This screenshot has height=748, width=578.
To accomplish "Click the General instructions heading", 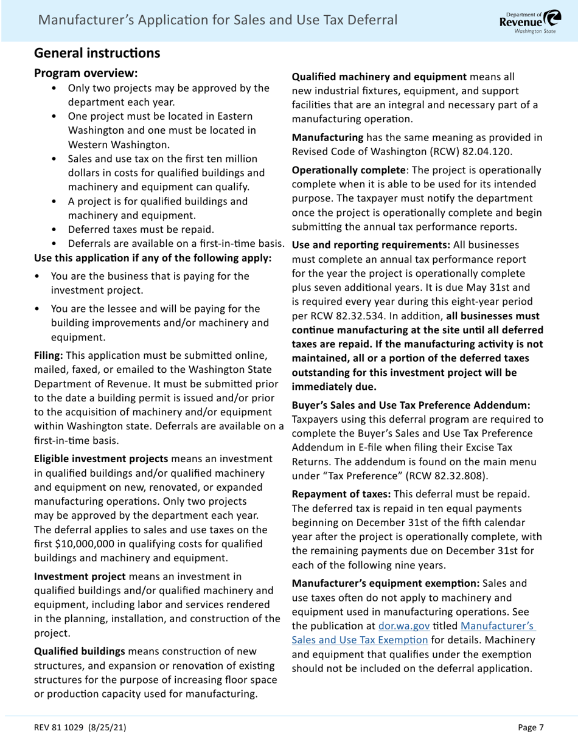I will [x=97, y=53].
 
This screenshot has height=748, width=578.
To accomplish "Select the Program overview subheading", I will [x=86, y=73].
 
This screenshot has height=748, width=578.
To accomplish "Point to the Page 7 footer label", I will [x=531, y=727].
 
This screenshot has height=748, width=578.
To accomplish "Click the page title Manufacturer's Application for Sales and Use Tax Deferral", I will [x=218, y=20].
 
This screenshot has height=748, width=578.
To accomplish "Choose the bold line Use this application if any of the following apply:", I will [x=152, y=258].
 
